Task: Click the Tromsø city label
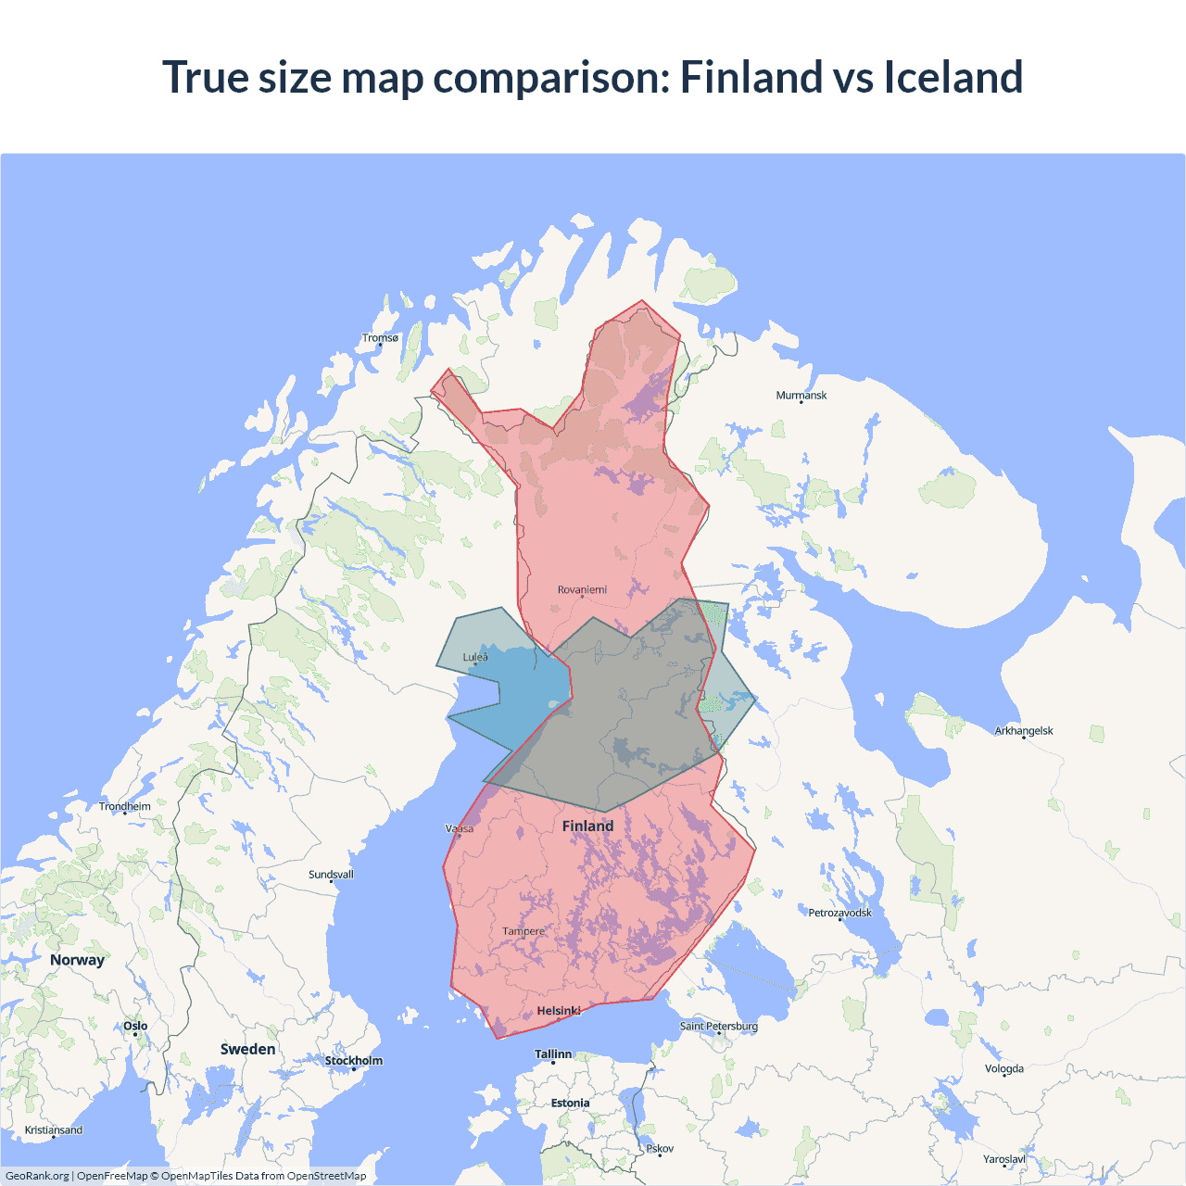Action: point(380,338)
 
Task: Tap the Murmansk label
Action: point(801,396)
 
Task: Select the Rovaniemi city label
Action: point(582,590)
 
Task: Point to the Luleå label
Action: point(475,658)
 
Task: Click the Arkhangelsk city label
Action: point(1024,731)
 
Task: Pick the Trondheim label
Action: point(125,807)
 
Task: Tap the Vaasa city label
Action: point(460,828)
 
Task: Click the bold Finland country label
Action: point(587,826)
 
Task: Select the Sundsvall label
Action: point(331,875)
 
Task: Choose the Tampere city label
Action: point(524,931)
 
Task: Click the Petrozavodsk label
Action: point(839,913)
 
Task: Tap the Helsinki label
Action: point(559,1011)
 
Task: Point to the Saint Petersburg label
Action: point(719,1026)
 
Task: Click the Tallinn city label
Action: point(553,1054)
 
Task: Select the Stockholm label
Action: point(353,1061)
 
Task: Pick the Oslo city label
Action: point(135,1026)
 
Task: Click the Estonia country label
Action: point(570,1104)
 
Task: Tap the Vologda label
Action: point(1004,1068)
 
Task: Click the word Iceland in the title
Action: point(953,77)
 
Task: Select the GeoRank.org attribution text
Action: point(37,1176)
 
